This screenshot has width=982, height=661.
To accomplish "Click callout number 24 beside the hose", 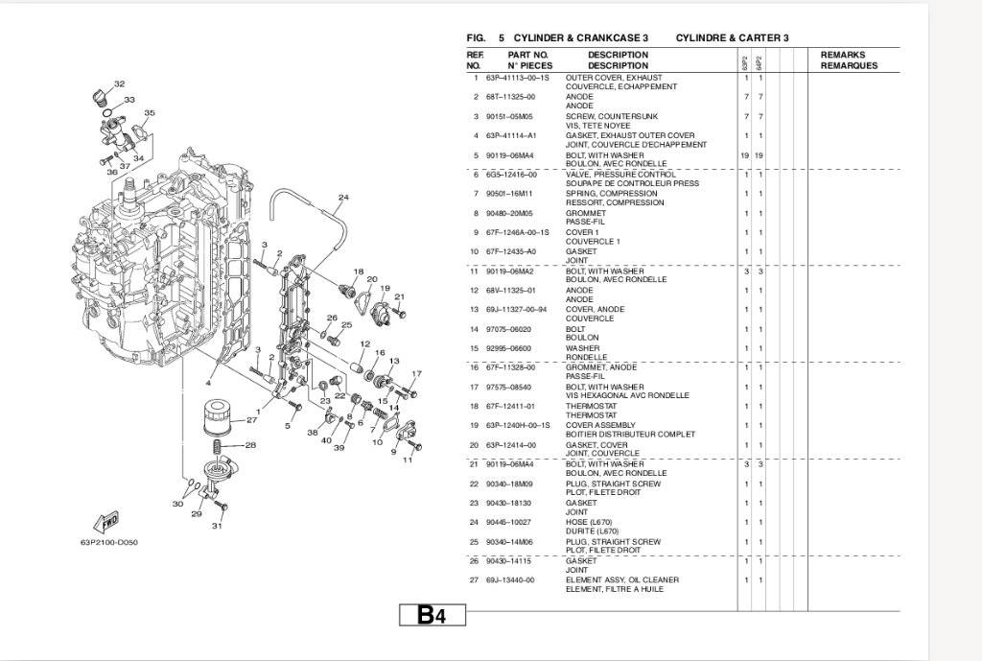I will [x=343, y=199].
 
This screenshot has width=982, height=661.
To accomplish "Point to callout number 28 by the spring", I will [x=251, y=445].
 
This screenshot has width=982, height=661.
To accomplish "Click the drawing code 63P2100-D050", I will [x=109, y=542].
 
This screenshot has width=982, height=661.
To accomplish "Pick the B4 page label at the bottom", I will [x=432, y=615].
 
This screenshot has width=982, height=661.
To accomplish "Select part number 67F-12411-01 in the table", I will [x=510, y=407].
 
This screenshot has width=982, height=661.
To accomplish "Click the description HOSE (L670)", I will [x=588, y=522].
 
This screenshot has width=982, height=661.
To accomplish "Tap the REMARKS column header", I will [x=843, y=55].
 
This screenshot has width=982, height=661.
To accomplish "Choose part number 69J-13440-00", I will [x=510, y=580].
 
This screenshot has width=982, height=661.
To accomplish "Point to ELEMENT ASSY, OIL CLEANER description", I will [x=621, y=580].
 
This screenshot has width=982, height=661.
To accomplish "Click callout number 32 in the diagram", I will [x=119, y=84].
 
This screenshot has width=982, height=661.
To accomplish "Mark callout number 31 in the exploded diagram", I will [x=217, y=526].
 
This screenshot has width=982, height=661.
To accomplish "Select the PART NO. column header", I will [x=527, y=55].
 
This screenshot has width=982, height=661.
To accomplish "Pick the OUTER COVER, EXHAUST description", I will [x=614, y=78].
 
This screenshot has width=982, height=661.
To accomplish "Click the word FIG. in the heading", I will [x=476, y=37].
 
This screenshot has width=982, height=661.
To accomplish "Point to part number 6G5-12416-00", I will [x=511, y=175].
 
